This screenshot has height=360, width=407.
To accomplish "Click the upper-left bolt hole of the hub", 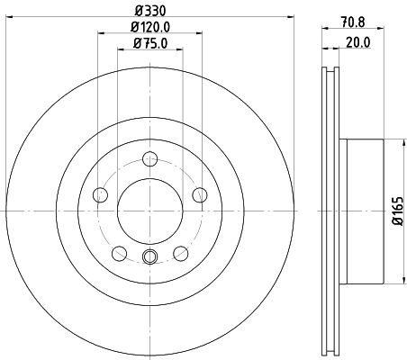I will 101,195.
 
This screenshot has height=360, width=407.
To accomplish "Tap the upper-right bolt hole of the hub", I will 200,195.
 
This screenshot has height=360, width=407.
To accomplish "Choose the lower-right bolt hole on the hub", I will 181,253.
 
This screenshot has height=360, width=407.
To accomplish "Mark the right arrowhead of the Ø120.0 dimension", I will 200,34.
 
